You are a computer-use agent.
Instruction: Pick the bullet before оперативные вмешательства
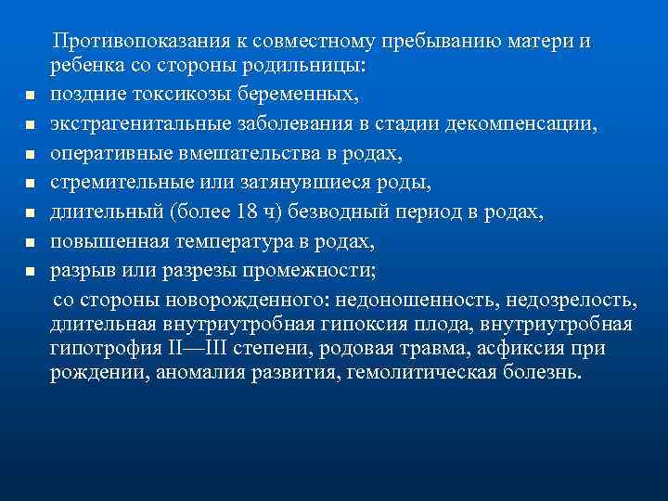point(30,155)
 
